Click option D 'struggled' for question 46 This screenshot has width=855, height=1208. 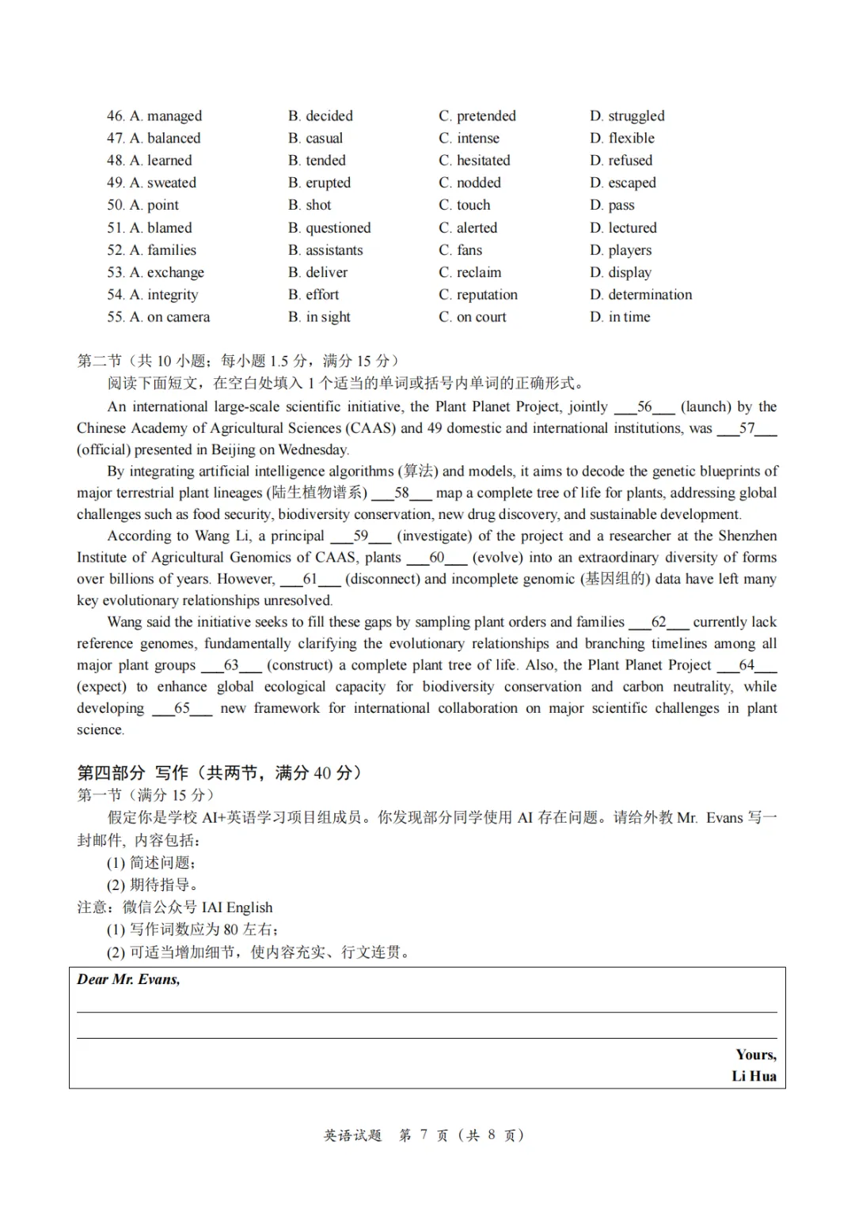tap(627, 116)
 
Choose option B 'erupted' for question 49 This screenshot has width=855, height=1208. tap(319, 183)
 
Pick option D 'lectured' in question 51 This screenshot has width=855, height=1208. tap(623, 228)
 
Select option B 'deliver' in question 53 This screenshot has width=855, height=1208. tap(317, 272)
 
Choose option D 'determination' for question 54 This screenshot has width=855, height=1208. tap(640, 294)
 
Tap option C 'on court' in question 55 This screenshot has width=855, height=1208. tap(472, 317)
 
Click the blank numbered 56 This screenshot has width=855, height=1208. tap(644, 407)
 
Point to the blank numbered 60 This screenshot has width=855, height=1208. tap(436, 558)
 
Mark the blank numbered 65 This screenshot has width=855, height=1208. tap(182, 708)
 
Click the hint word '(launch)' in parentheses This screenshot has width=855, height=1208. tap(706, 407)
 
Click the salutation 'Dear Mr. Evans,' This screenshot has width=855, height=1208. tap(128, 979)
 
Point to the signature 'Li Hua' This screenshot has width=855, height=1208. tap(754, 1076)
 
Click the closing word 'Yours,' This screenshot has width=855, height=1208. tap(756, 1055)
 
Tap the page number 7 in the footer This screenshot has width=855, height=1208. tap(424, 1135)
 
